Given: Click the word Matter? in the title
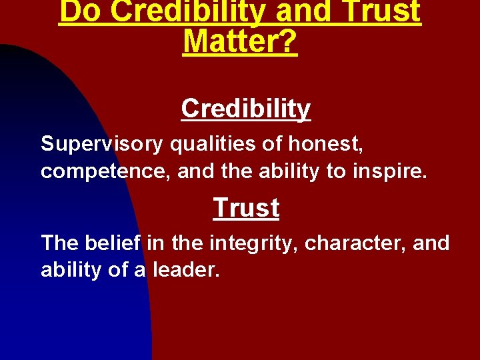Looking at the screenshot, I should point(240,41).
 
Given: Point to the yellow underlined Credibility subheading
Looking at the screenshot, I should point(246,109).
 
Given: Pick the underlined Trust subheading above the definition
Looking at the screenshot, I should point(246,208).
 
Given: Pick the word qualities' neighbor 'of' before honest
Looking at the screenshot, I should point(276,143).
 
